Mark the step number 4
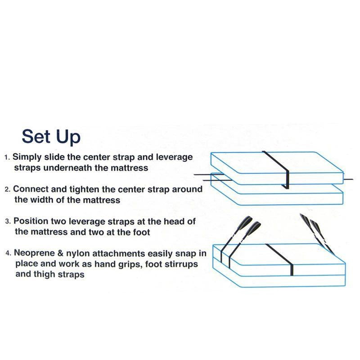[7, 253]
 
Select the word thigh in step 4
[45, 274]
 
